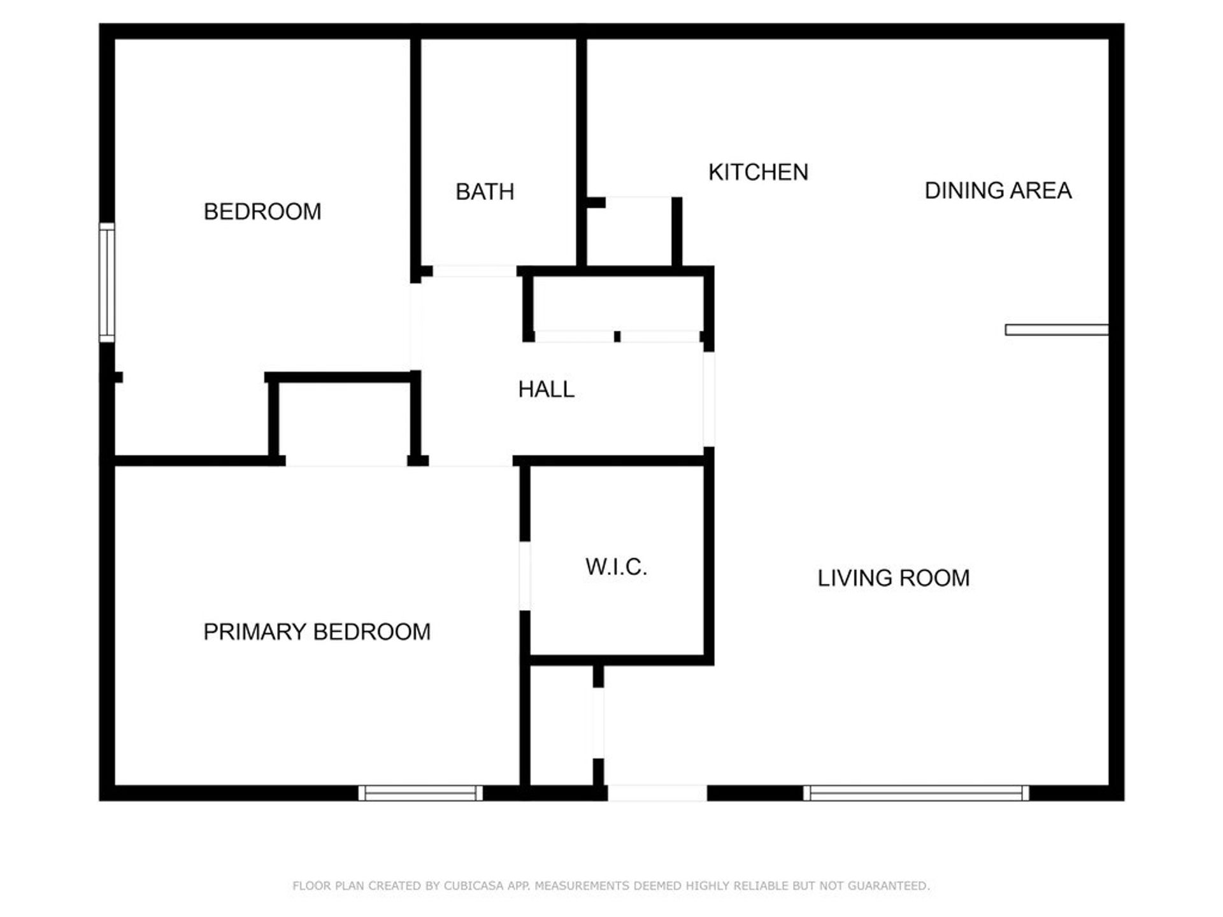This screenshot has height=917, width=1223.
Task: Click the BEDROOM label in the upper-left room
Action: (x=262, y=211)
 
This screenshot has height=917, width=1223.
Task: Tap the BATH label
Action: (x=485, y=192)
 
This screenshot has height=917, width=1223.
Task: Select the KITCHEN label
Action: (x=758, y=172)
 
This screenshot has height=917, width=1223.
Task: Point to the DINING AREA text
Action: (x=998, y=190)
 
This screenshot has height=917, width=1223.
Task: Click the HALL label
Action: (x=546, y=389)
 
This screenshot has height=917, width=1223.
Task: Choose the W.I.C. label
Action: (x=616, y=567)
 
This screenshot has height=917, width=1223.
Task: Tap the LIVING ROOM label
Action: (x=893, y=578)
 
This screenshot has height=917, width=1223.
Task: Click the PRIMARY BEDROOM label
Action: (x=317, y=632)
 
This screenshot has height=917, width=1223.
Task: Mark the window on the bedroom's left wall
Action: (x=107, y=282)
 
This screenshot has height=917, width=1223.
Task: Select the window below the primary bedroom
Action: (x=420, y=793)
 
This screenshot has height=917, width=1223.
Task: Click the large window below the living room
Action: (x=915, y=793)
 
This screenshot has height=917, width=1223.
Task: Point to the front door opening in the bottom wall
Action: (x=657, y=793)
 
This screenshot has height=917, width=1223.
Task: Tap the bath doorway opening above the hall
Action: (x=474, y=271)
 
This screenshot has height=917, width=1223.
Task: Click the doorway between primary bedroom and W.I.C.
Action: (x=525, y=576)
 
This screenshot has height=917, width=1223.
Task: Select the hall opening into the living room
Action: (x=708, y=399)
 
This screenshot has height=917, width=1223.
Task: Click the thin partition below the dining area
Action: (x=1056, y=330)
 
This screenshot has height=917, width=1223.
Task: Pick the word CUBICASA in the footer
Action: (x=473, y=886)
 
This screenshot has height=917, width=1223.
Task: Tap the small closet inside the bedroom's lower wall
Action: (x=344, y=420)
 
